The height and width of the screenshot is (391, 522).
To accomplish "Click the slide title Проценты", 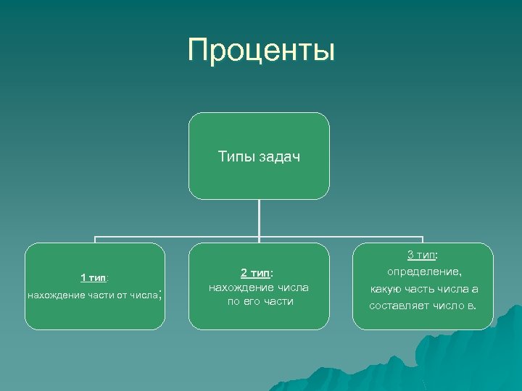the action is click(x=261, y=51).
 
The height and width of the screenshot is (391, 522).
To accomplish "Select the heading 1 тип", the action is click(x=94, y=277).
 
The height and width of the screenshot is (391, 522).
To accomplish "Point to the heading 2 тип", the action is click(x=257, y=273).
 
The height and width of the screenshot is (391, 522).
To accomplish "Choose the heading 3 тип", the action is click(x=423, y=255).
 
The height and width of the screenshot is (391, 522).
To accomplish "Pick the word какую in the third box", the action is click(x=386, y=289).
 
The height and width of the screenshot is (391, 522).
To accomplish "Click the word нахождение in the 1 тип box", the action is click(x=54, y=295).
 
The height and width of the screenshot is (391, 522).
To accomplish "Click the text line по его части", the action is click(x=260, y=301).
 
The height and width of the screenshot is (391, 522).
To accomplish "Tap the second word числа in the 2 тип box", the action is click(x=293, y=287).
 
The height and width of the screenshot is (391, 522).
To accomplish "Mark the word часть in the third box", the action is click(x=422, y=289).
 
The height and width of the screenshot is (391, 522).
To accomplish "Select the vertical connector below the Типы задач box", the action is click(x=260, y=217).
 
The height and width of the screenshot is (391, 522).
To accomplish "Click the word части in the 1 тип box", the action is click(x=96, y=295).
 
